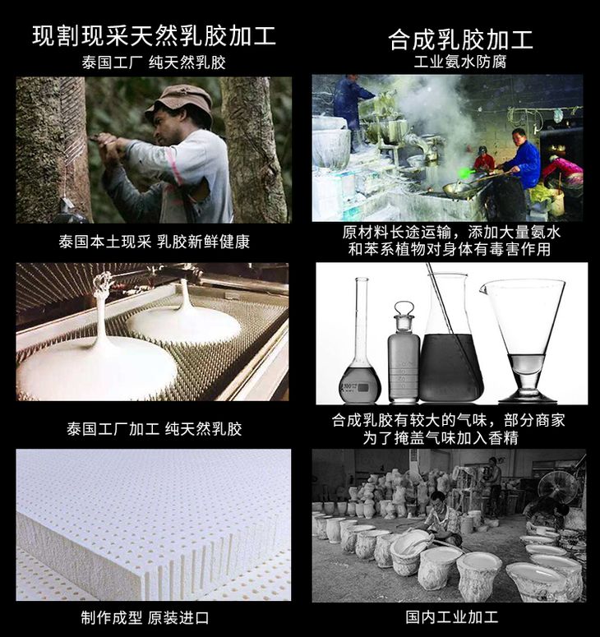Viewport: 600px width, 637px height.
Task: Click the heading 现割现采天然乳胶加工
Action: (x=154, y=35)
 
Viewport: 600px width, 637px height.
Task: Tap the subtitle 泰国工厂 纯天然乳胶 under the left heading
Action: (x=154, y=62)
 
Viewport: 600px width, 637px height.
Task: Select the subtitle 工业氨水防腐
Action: (x=460, y=62)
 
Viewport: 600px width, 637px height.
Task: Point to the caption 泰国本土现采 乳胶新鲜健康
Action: (x=154, y=242)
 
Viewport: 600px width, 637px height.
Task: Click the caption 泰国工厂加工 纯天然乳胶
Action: (x=154, y=428)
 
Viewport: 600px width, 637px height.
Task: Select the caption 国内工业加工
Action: (x=452, y=616)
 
